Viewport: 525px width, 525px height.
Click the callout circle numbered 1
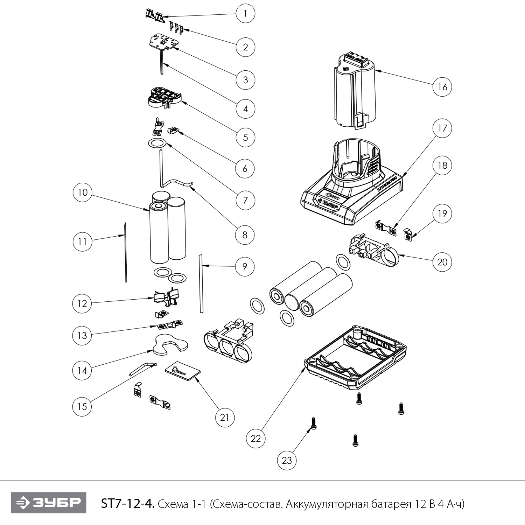(x=245, y=14)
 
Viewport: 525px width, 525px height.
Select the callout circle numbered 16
(x=442, y=86)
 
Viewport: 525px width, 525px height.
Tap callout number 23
(x=287, y=460)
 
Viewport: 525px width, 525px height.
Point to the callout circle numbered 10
(x=83, y=192)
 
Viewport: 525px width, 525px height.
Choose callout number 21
(x=225, y=418)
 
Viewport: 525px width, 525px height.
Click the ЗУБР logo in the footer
(x=48, y=503)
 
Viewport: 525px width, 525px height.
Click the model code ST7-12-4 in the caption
(x=127, y=504)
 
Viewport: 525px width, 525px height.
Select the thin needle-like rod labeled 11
(x=125, y=252)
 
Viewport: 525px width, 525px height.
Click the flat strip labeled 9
(x=201, y=283)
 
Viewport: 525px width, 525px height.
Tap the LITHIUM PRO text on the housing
(x=387, y=184)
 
